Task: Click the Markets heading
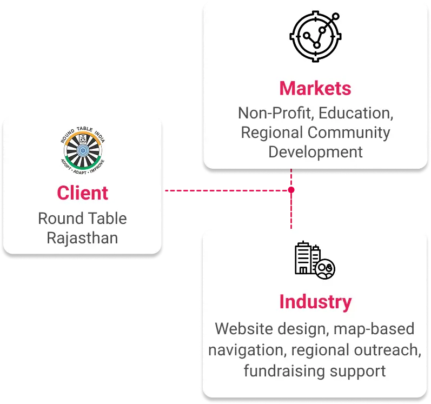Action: coord(315,88)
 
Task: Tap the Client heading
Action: coord(83,193)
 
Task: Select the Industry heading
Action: coord(315,302)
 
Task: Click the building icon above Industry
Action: coord(314,259)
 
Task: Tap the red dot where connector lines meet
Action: coord(291,190)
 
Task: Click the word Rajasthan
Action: coord(83,237)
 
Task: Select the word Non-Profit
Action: coord(276,114)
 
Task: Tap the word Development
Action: coord(315,151)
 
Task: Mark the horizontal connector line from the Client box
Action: coord(227,190)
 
